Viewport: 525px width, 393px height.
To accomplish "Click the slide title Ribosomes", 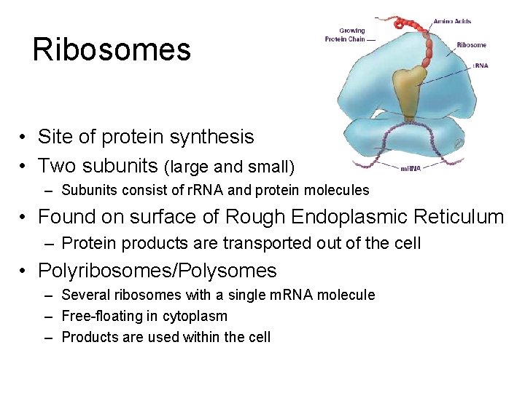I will click(112, 49).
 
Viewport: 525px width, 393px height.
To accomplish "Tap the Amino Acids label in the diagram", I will click(452, 22).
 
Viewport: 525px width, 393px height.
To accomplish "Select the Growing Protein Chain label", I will click(345, 35).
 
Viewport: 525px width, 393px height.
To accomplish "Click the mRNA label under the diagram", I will click(410, 168).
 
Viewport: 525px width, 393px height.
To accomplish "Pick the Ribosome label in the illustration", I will click(471, 45).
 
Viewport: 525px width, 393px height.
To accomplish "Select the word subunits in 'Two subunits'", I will click(119, 166).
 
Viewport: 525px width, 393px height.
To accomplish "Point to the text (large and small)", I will click(229, 167).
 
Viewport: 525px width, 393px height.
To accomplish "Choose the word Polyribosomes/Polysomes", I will click(157, 271).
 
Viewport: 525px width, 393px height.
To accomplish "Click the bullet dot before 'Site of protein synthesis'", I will click(24, 138).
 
